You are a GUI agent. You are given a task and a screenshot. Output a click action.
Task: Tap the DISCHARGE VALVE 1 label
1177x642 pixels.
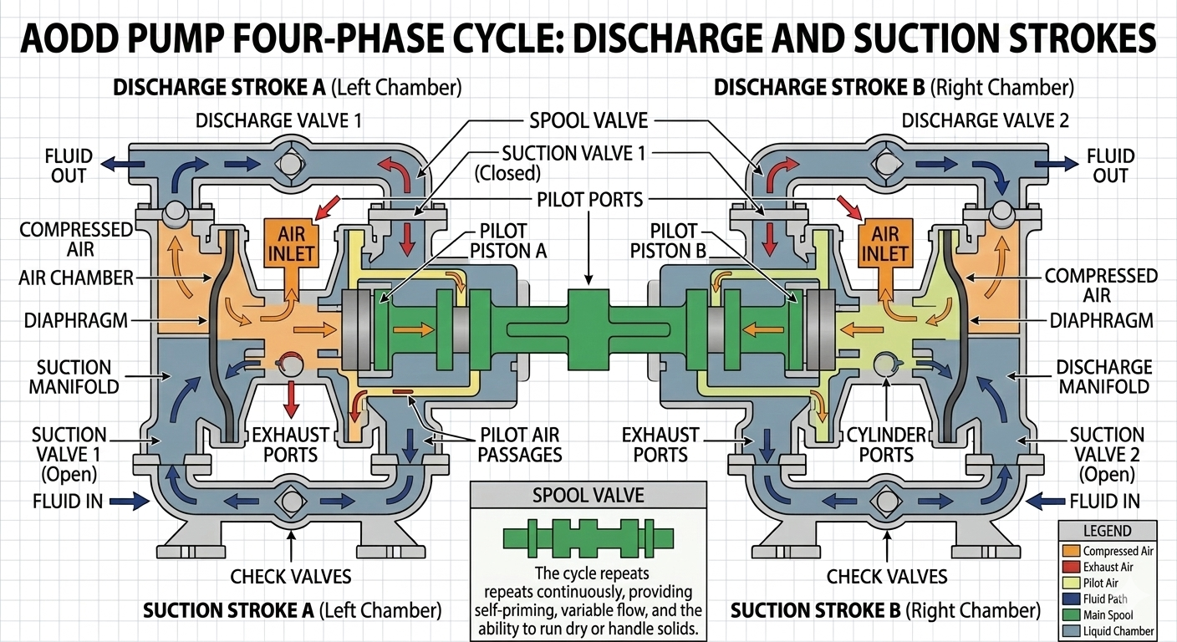[x=278, y=120]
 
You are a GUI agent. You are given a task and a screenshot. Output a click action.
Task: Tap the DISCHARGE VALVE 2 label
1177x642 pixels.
[x=986, y=120]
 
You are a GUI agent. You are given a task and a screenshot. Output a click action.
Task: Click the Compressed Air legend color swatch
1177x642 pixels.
[x=1070, y=552]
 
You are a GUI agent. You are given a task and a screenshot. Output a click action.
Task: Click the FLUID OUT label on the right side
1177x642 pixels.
[x=1109, y=166]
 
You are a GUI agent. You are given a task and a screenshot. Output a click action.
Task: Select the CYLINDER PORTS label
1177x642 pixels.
[x=887, y=444]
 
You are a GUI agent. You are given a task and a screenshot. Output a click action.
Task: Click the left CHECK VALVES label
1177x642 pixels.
[x=291, y=576]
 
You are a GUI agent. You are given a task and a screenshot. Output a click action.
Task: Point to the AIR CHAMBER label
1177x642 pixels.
[x=76, y=278]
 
